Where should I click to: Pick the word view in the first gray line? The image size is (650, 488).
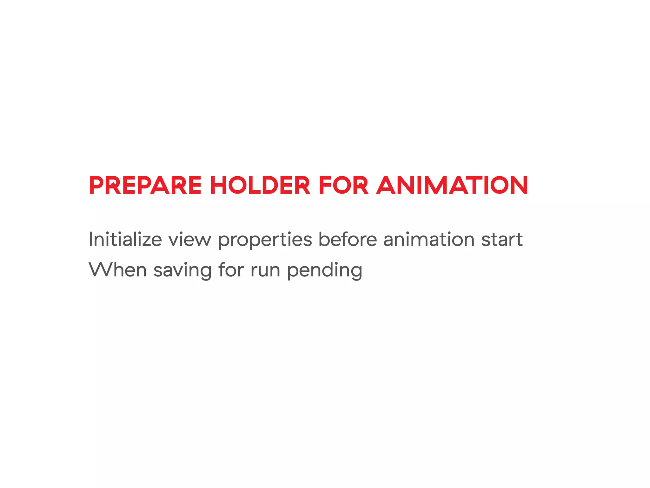[x=189, y=240]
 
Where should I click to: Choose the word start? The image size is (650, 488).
[x=502, y=240]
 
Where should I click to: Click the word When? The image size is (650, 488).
[x=117, y=270]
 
